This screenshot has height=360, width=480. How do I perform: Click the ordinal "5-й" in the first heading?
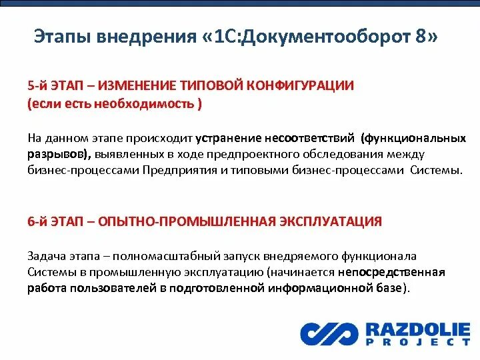37,86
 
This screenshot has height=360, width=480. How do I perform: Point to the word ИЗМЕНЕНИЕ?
140,86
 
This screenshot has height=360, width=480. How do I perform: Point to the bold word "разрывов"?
58,155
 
